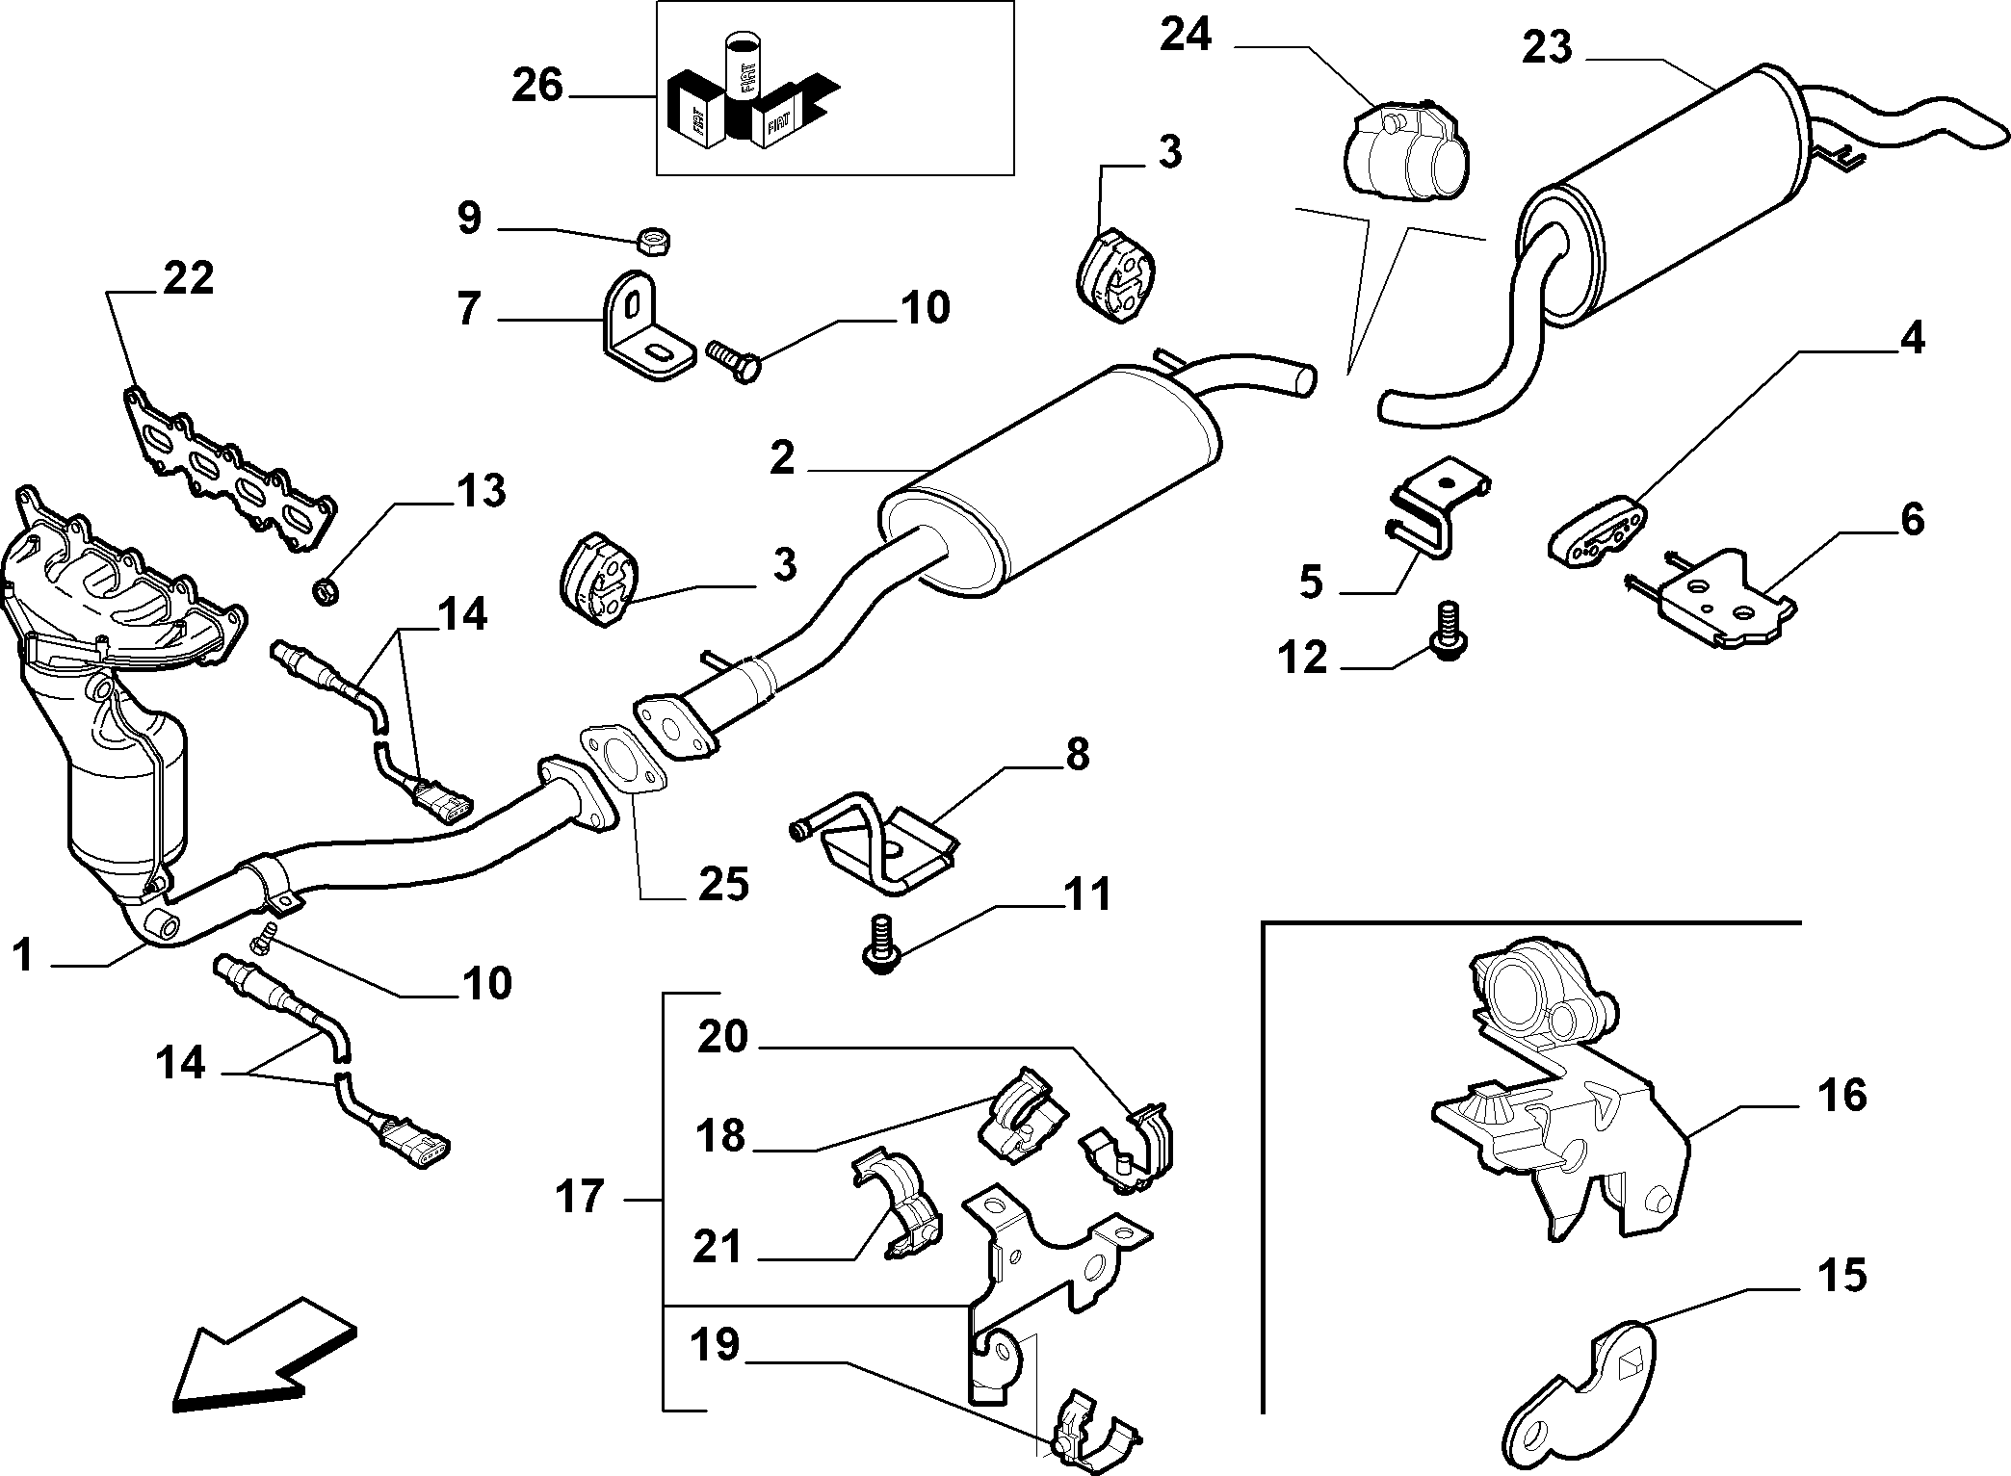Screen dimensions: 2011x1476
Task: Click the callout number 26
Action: (536, 86)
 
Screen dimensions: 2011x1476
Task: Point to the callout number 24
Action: (1186, 35)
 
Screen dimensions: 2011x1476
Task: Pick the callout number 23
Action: (1547, 48)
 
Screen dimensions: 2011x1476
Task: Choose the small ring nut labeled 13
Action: (327, 589)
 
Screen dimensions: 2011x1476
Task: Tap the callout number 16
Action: (1841, 1096)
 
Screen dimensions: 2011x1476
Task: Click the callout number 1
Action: (26, 958)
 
